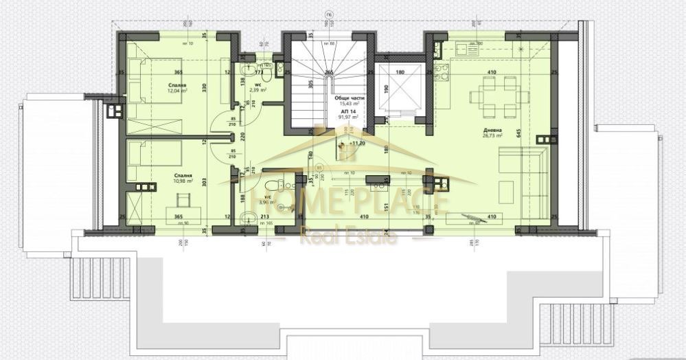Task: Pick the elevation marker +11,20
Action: (357, 144)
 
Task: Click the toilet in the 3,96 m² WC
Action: (274, 183)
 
